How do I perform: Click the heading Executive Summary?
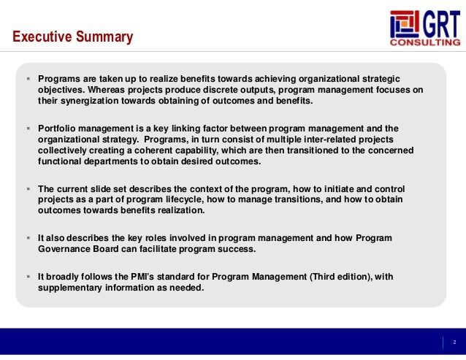pyautogui.click(x=72, y=37)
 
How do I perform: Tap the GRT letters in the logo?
pyautogui.click(x=436, y=24)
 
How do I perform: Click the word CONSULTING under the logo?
pyautogui.click(x=424, y=42)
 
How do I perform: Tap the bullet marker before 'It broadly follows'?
pyautogui.click(x=27, y=277)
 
